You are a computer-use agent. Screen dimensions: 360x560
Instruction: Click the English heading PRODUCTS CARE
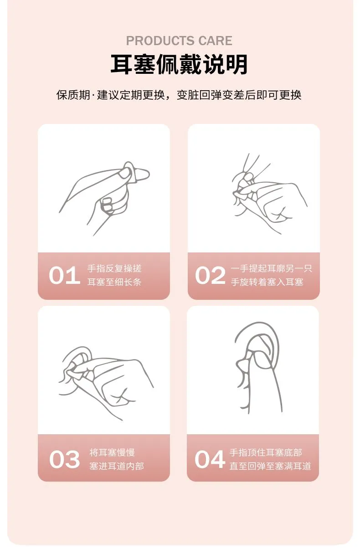tap(179, 41)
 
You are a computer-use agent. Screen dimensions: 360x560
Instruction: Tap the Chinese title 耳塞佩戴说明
tap(179, 65)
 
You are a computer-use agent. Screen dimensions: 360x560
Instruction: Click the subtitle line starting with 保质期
tap(179, 95)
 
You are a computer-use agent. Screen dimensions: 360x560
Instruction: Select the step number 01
tap(65, 275)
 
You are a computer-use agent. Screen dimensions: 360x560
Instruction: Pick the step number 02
tap(210, 275)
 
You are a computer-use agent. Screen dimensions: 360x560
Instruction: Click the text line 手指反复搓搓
tap(114, 269)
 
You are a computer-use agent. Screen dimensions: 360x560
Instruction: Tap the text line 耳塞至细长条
tap(114, 282)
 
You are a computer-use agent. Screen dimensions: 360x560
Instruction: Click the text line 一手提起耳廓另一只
tap(272, 269)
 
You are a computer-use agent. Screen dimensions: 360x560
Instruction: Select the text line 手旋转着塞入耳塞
tap(267, 282)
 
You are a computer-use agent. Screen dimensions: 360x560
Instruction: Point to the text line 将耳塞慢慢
tap(112, 452)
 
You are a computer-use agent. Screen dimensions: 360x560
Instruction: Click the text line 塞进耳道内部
tap(117, 466)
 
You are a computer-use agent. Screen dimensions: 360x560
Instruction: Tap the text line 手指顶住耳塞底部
tap(266, 452)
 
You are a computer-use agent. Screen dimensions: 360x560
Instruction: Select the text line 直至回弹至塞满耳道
tap(270, 466)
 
